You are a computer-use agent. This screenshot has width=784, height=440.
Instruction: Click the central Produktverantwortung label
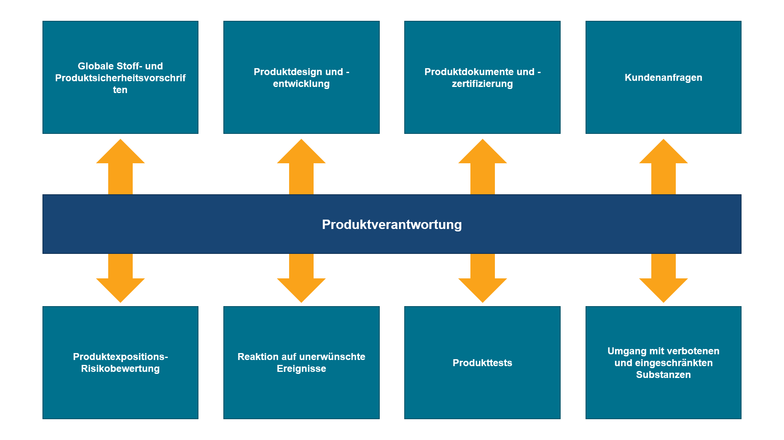tap(392, 224)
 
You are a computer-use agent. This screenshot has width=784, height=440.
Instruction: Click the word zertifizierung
tap(482, 84)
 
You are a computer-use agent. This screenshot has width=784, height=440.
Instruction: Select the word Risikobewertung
tap(120, 369)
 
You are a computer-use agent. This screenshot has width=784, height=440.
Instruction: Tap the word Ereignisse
tap(301, 369)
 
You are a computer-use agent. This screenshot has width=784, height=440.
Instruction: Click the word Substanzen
tap(663, 375)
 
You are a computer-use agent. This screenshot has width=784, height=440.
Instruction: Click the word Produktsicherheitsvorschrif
tap(120, 78)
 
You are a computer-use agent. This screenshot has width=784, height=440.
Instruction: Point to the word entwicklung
tap(301, 84)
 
